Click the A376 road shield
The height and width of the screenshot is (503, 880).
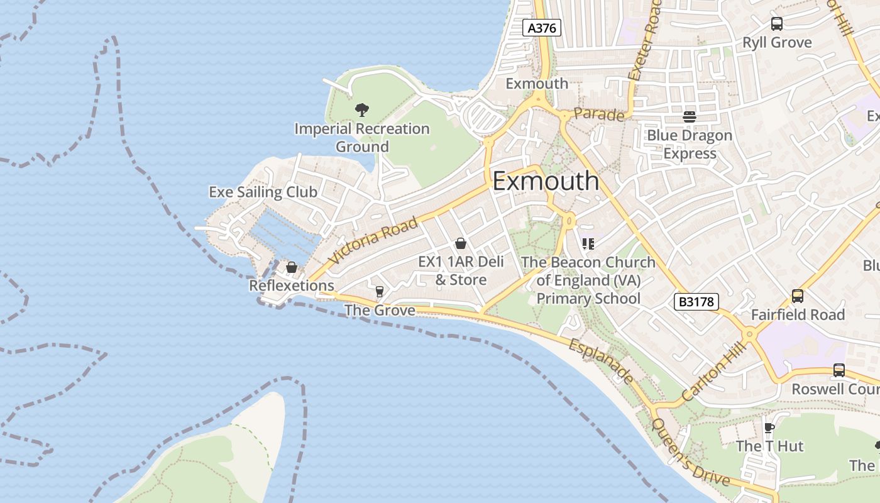[541, 28]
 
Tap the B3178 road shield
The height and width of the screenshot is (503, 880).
[696, 302]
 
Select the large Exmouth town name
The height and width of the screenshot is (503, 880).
[546, 181]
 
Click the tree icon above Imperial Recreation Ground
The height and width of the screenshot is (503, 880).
[361, 111]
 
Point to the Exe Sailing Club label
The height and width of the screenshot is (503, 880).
[263, 192]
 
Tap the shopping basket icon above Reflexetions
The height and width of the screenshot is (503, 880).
[292, 268]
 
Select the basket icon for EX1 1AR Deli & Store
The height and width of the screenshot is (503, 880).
[461, 243]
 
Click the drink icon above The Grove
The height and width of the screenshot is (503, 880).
[379, 291]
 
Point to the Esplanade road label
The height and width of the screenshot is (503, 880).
[601, 362]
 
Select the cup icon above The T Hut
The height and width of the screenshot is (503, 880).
[769, 428]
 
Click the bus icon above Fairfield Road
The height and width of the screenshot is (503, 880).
[797, 296]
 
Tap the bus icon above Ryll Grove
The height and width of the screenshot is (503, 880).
[777, 24]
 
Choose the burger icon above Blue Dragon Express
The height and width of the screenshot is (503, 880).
[690, 116]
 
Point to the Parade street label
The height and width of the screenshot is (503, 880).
[599, 115]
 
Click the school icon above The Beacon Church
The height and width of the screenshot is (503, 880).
[588, 243]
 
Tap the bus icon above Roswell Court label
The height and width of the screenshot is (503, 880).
[839, 370]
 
